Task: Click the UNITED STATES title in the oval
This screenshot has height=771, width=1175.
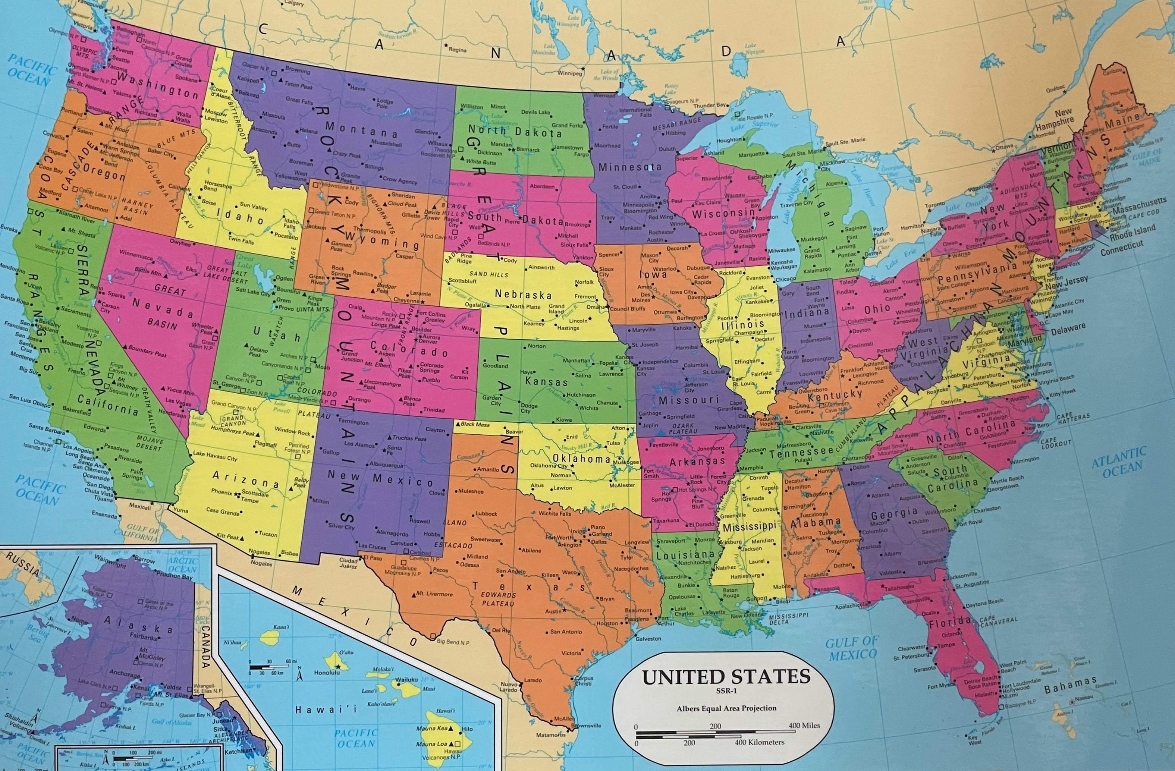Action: (726, 677)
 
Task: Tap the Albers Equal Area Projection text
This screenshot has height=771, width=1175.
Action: (726, 708)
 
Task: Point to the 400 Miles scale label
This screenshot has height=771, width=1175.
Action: (804, 726)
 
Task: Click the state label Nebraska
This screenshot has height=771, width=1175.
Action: (523, 295)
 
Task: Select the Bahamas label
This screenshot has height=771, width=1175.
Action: (1070, 686)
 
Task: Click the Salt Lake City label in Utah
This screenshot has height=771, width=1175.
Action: (253, 291)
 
